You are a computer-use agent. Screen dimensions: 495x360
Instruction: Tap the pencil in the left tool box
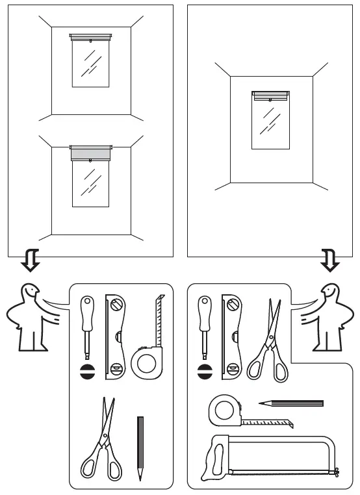(140, 448)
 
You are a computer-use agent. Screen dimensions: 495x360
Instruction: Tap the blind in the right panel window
(270, 97)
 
